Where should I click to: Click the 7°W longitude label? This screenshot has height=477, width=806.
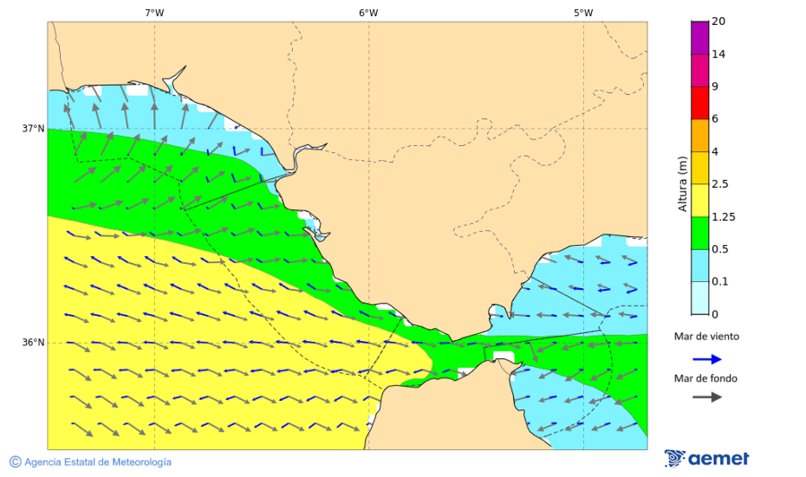[154, 13]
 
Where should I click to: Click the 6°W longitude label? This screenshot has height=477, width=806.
[368, 13]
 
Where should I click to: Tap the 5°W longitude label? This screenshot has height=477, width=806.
[583, 13]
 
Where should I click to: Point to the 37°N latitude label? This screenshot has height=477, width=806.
[33, 128]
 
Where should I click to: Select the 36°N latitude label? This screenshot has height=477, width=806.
[33, 343]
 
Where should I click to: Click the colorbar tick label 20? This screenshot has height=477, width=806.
[717, 21]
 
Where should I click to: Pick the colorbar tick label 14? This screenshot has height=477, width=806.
[717, 55]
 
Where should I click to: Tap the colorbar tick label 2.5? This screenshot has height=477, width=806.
[719, 184]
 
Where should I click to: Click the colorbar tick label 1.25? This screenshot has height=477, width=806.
[722, 217]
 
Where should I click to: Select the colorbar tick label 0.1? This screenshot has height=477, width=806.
[719, 282]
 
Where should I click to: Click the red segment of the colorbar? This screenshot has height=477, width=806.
[699, 103]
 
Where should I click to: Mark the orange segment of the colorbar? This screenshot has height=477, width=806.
[699, 135]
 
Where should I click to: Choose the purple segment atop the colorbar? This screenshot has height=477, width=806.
[699, 38]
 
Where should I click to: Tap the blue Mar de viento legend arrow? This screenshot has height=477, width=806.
[707, 359]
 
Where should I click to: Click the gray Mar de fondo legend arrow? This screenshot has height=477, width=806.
[707, 396]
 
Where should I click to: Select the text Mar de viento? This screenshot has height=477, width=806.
[707, 336]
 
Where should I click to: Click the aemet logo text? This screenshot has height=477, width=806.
[718, 459]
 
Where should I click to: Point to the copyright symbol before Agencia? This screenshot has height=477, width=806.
[15, 462]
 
